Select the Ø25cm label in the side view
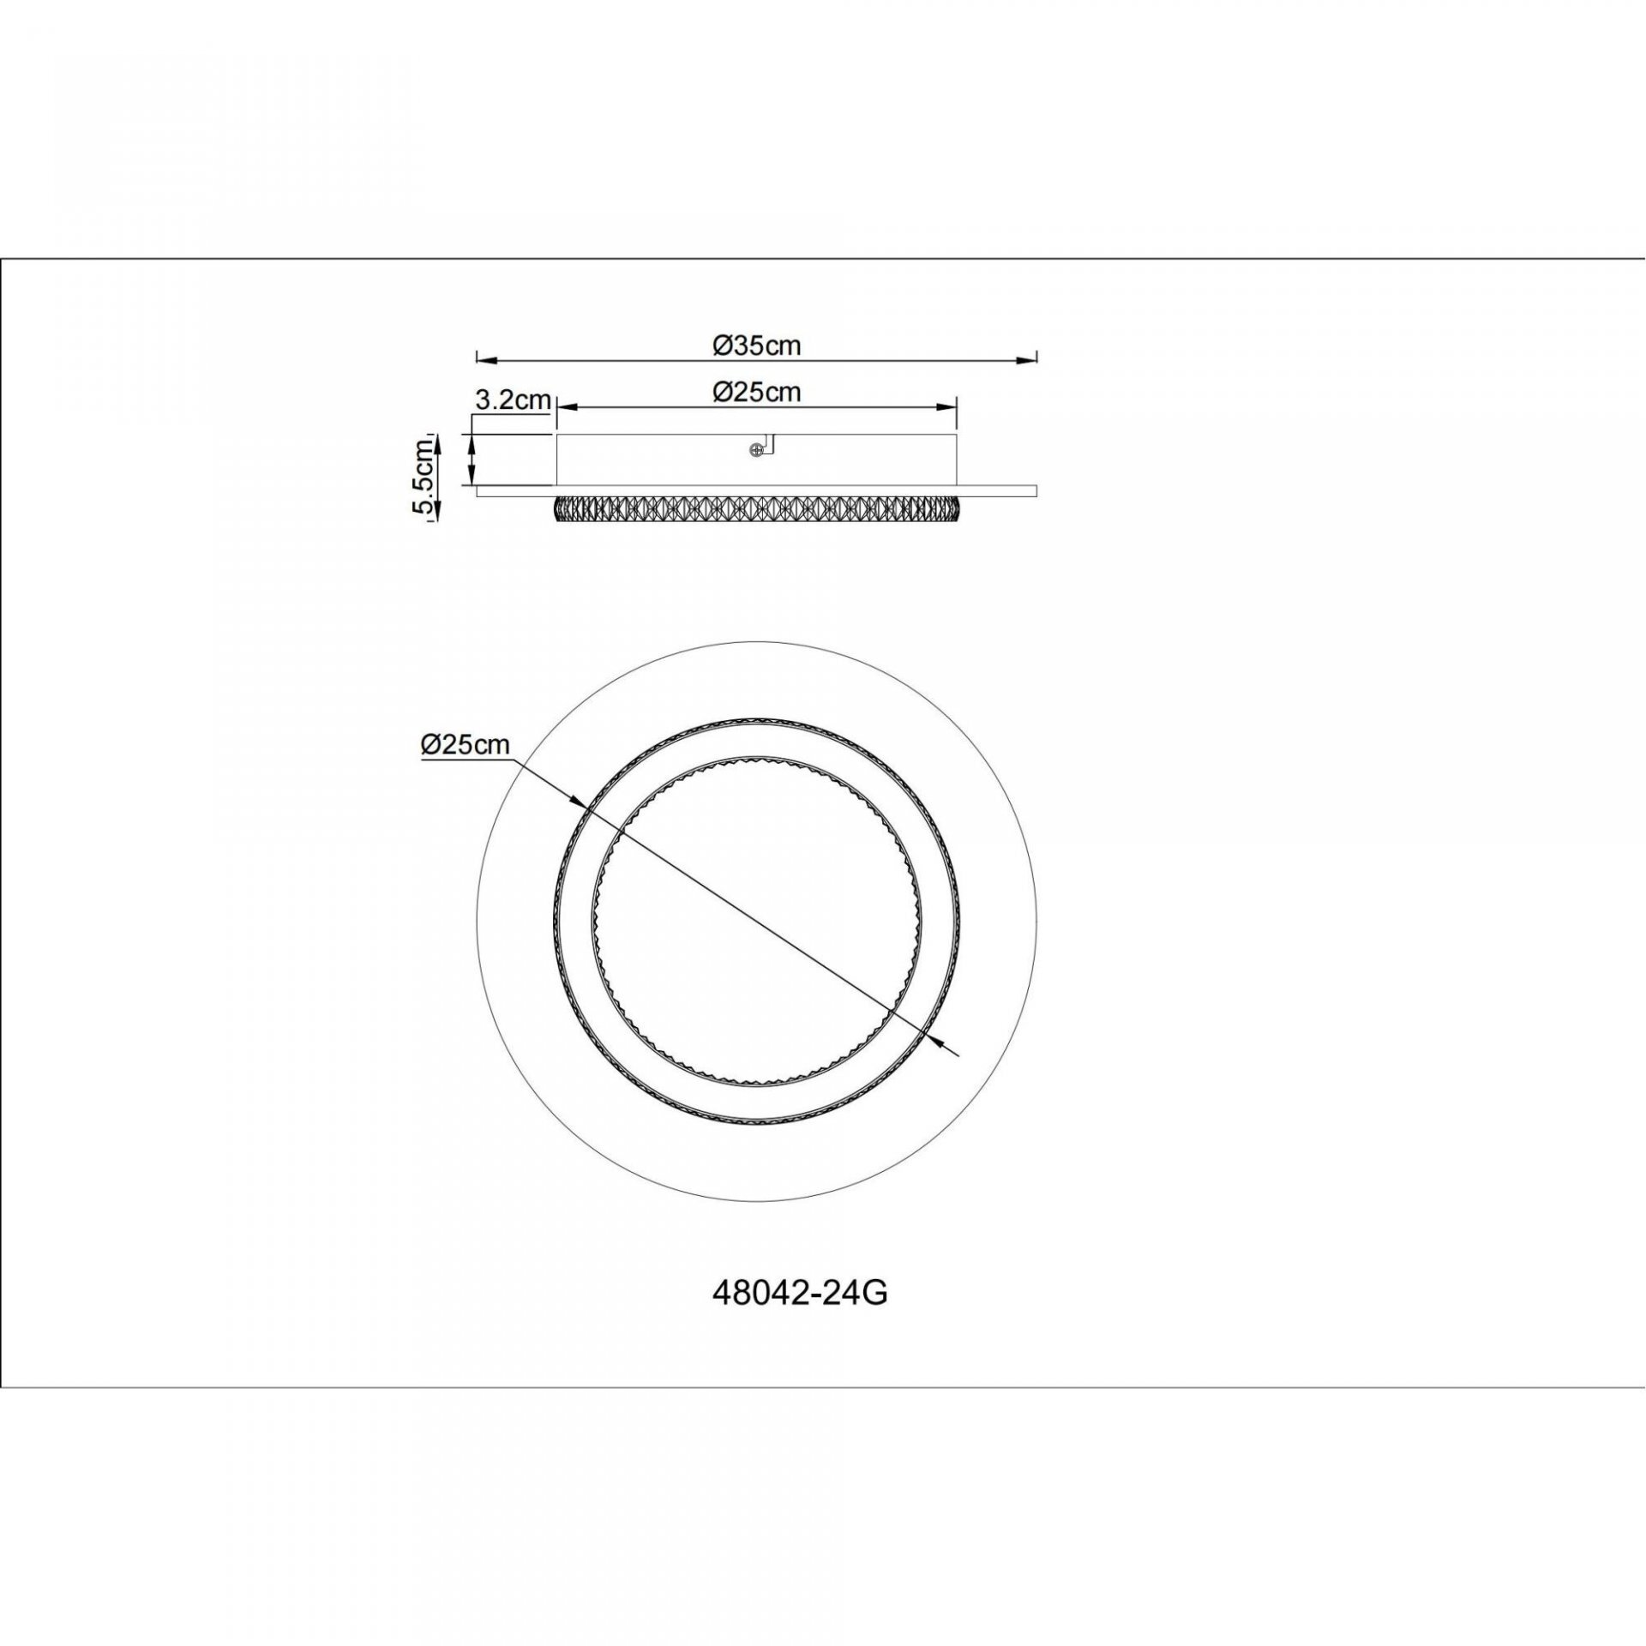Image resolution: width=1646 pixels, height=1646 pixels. pos(756,392)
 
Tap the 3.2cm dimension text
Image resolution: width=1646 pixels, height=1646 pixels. pos(512,399)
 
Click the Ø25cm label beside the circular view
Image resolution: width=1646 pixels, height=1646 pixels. pos(465,745)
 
